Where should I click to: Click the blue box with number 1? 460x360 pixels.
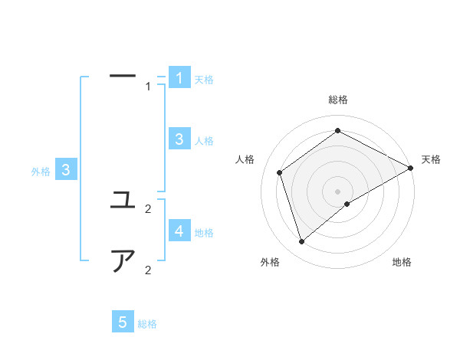pyautogui.click(x=179, y=78)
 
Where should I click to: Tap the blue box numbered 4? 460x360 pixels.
pyautogui.click(x=179, y=231)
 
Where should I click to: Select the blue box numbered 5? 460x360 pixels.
pyautogui.click(x=123, y=322)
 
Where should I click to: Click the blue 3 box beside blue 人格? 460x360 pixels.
pyautogui.click(x=179, y=139)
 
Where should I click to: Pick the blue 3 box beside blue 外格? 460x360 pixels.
pyautogui.click(x=67, y=170)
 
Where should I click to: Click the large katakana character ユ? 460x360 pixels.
pyautogui.click(x=123, y=201)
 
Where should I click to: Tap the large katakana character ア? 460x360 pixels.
pyautogui.click(x=123, y=261)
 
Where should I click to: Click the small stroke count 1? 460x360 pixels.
pyautogui.click(x=148, y=87)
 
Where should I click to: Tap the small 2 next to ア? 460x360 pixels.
pyautogui.click(x=148, y=270)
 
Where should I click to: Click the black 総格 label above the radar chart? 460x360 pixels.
pyautogui.click(x=338, y=100)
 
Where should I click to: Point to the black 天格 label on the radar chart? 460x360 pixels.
pyautogui.click(x=431, y=159)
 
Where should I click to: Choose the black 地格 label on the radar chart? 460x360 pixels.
pyautogui.click(x=402, y=263)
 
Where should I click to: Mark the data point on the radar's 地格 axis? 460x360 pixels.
pyautogui.click(x=347, y=204)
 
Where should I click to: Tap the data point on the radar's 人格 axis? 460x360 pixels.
pyautogui.click(x=280, y=172)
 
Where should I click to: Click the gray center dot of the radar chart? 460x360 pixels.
pyautogui.click(x=337, y=191)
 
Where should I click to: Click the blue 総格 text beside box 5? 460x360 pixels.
pyautogui.click(x=147, y=324)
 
